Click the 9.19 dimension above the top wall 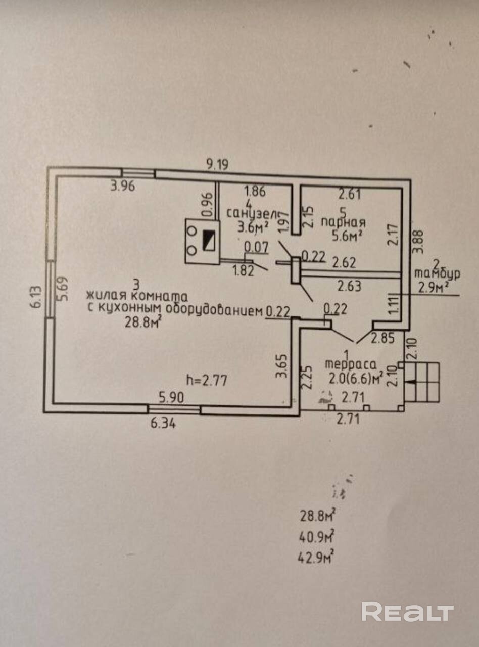click(217, 165)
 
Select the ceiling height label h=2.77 click(207, 380)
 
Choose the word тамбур click(437, 273)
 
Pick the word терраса click(351, 364)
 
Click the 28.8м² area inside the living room click(142, 322)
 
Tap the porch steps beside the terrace click(422, 383)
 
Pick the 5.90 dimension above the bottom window click(172, 397)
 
